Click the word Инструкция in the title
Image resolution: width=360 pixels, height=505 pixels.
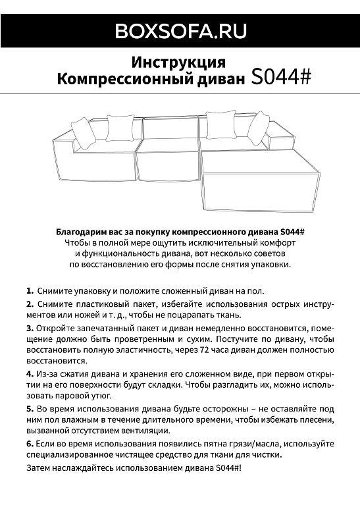pyautogui.click(x=179, y=63)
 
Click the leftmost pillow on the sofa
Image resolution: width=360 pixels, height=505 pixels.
pyautogui.click(x=84, y=134)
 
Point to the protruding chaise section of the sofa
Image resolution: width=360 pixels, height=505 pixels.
pyautogui.click(x=259, y=179)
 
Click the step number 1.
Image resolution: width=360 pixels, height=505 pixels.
pyautogui.click(x=30, y=290)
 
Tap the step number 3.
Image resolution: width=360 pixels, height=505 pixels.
pyautogui.click(x=30, y=328)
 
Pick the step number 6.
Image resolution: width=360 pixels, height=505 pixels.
pyautogui.click(x=30, y=444)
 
